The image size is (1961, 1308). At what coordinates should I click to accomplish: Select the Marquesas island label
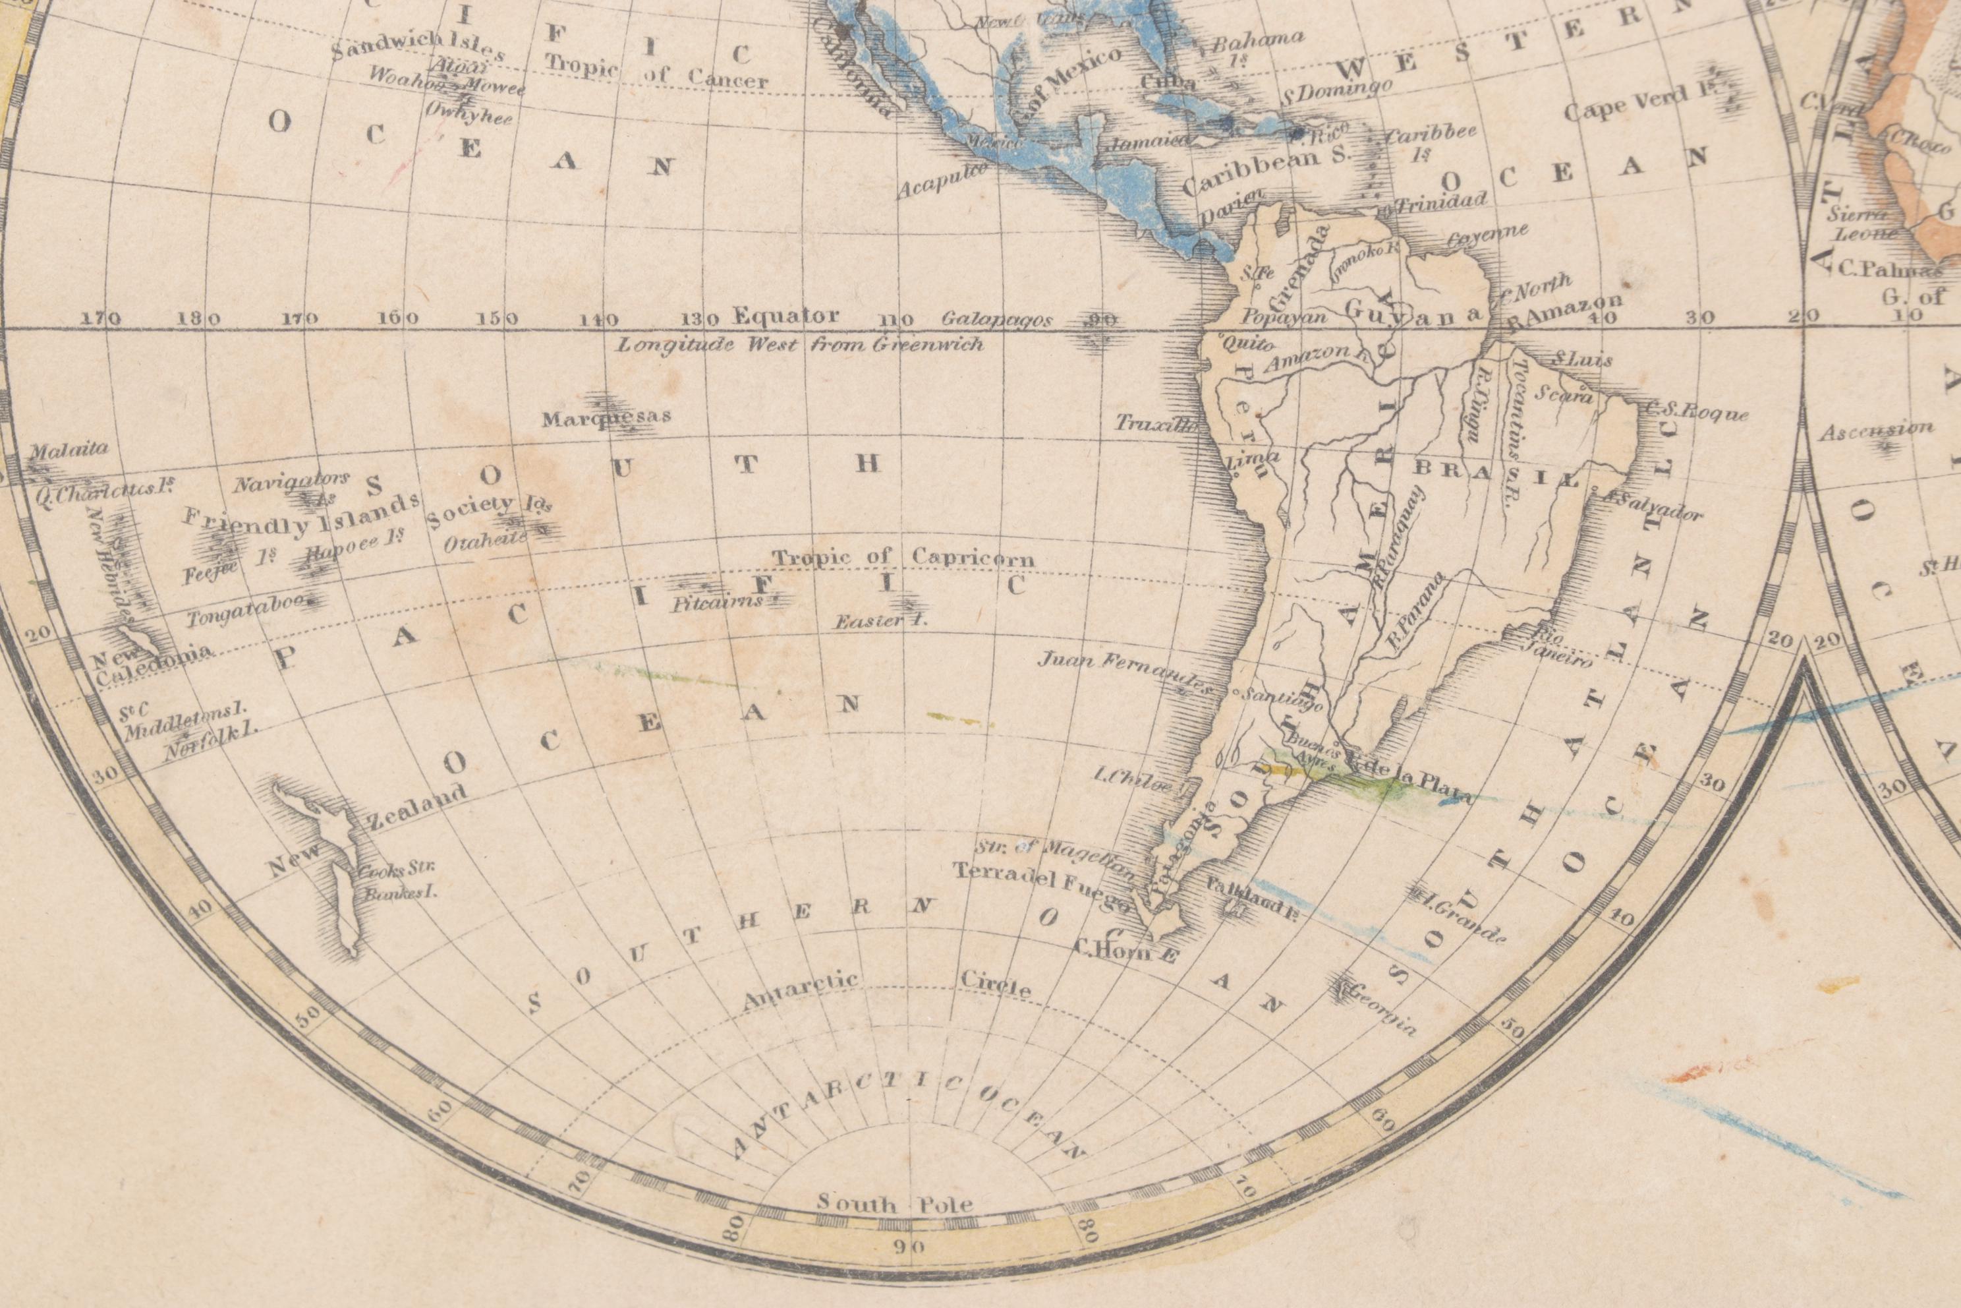(x=606, y=417)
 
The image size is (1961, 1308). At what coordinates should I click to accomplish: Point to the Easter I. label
(x=882, y=620)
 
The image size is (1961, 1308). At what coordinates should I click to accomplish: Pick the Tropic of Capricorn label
(x=902, y=557)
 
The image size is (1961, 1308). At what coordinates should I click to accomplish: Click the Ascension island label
(x=1875, y=431)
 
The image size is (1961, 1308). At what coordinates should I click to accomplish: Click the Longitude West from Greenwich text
(x=799, y=343)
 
